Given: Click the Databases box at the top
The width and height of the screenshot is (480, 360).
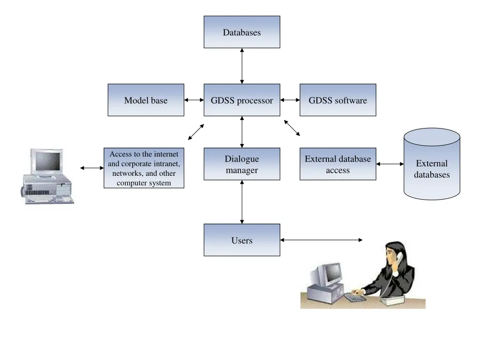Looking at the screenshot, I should click(242, 32).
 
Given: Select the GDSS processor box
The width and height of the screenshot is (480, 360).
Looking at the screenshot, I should click(242, 100).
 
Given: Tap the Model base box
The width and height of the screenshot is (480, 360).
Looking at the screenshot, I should click(146, 100).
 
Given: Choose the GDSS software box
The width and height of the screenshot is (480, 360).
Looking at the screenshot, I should click(337, 100).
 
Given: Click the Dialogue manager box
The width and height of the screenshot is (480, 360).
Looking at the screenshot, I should click(242, 164).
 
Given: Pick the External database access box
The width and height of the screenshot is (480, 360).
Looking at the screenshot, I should click(337, 164).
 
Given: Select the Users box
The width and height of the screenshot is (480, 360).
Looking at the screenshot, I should click(242, 240).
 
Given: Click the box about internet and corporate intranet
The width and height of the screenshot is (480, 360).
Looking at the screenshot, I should click(144, 168).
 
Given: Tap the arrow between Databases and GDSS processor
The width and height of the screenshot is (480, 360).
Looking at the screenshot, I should click(242, 66).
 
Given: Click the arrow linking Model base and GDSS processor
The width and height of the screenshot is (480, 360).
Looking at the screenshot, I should click(194, 100).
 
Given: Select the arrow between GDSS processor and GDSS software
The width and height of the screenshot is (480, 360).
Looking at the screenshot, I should click(290, 100).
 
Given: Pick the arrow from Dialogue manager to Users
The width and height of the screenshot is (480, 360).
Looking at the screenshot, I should click(242, 202).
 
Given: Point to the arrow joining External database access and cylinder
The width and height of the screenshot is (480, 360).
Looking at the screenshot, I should click(390, 164).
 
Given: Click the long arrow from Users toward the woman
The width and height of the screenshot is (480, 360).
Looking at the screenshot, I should click(322, 240).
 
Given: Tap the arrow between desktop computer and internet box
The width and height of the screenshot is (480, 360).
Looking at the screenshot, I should click(92, 168).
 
